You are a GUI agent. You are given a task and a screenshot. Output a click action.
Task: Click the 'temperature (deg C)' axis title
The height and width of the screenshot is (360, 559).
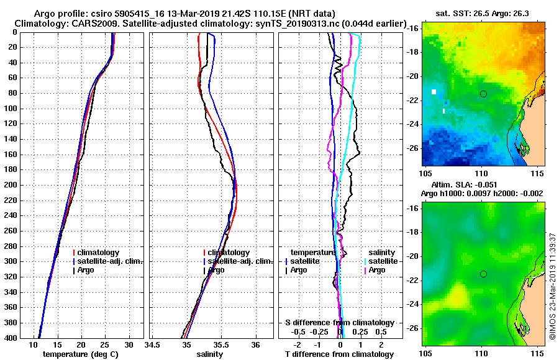click(x=80, y=354)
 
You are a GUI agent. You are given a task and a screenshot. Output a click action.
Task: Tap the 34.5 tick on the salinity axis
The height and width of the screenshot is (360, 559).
click(x=153, y=344)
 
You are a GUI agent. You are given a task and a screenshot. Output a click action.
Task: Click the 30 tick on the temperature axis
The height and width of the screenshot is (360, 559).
click(x=129, y=344)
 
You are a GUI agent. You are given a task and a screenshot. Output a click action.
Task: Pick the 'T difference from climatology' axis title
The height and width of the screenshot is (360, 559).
click(x=339, y=354)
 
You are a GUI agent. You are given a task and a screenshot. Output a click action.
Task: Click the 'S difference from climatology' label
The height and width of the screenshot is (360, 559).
click(x=339, y=323)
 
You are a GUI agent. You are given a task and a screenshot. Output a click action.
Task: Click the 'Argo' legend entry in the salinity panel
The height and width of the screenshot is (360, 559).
click(x=216, y=270)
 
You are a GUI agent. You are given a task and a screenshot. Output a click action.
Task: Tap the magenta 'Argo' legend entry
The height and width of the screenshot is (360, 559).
click(x=377, y=270)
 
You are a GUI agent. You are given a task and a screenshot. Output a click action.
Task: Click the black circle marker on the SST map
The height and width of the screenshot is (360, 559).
click(x=483, y=94)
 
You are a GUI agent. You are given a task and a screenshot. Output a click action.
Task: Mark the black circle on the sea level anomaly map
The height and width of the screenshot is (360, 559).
click(x=483, y=274)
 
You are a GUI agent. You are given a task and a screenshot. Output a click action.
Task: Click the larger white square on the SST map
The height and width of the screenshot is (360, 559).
click(x=434, y=92)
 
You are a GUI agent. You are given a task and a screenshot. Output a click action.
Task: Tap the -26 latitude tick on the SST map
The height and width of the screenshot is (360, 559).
click(x=412, y=148)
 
